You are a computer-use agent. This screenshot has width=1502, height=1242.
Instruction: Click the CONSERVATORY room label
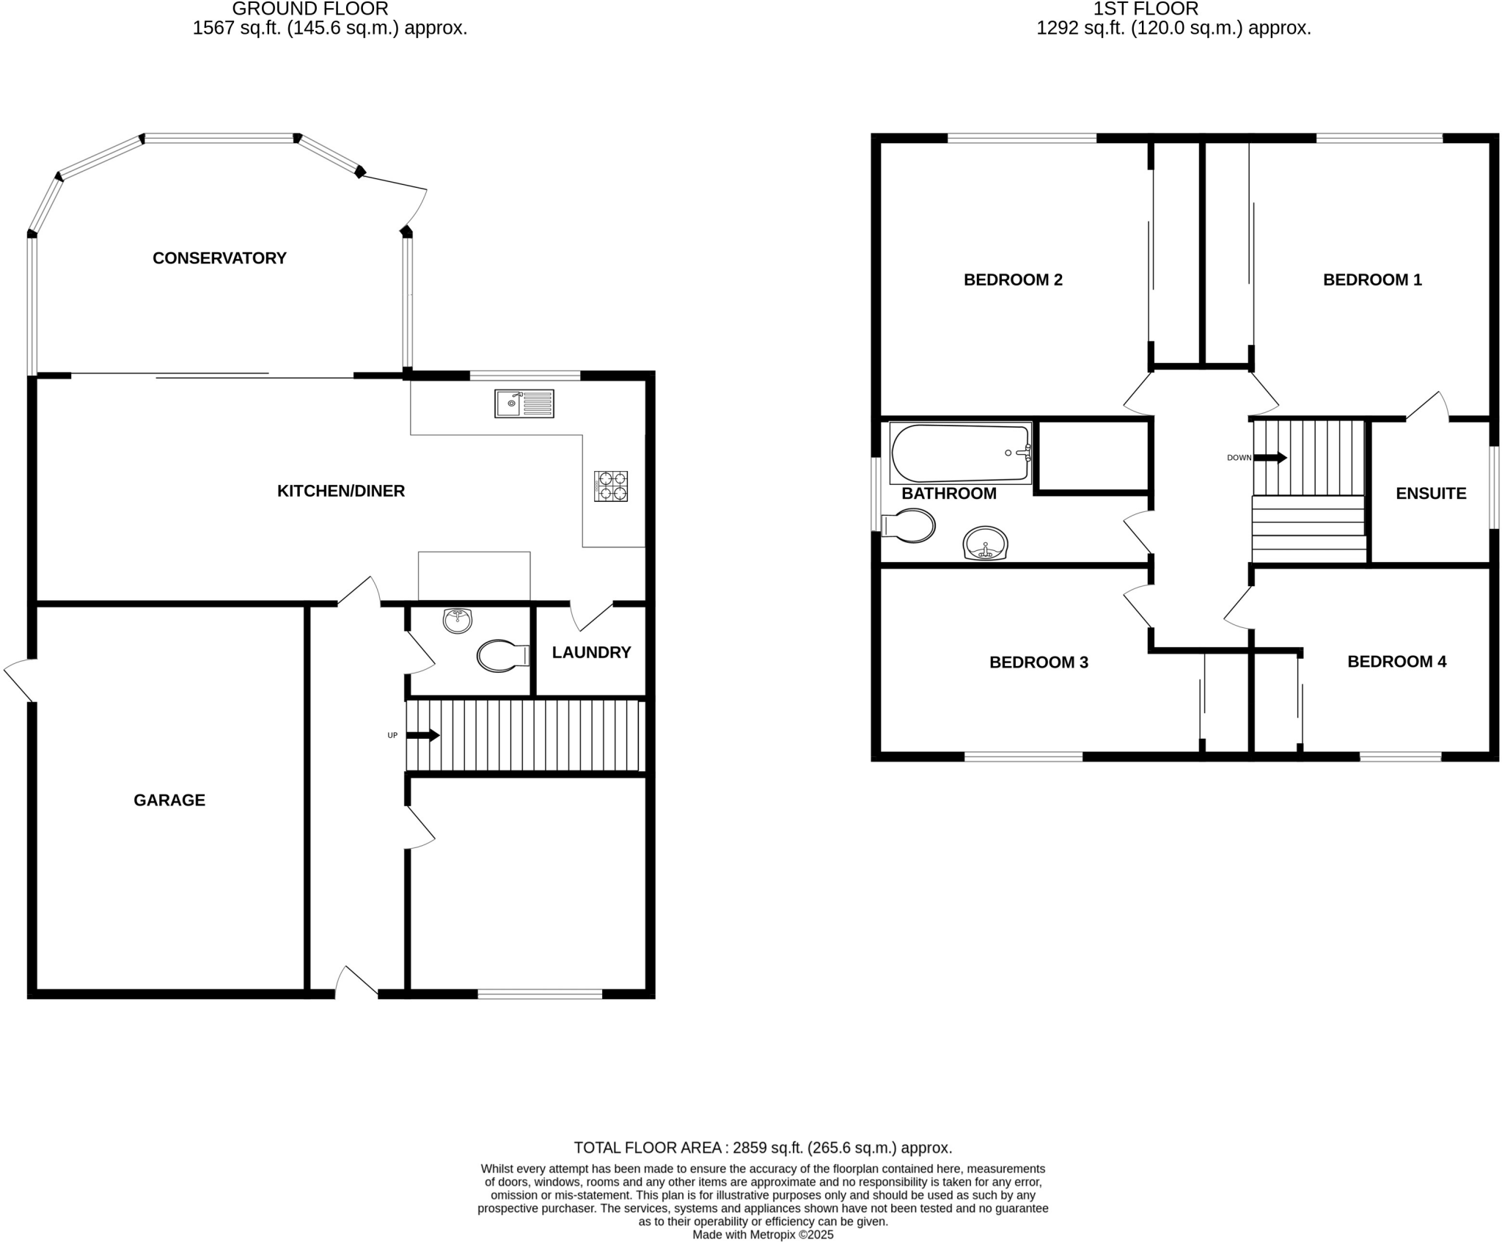click(x=219, y=258)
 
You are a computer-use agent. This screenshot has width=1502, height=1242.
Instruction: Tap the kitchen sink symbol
click(x=524, y=403)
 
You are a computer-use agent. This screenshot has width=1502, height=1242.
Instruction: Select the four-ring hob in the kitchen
click(x=610, y=486)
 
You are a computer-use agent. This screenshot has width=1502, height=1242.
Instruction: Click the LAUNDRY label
click(x=591, y=652)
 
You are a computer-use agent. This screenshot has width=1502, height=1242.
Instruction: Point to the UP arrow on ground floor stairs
click(x=423, y=735)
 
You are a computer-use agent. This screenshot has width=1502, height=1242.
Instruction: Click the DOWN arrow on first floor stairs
click(x=1270, y=458)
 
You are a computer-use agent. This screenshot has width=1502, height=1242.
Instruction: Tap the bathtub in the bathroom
click(x=960, y=453)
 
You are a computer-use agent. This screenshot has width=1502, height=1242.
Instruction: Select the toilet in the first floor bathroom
click(x=909, y=525)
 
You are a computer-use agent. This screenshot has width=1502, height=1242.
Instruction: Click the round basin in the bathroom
click(x=985, y=544)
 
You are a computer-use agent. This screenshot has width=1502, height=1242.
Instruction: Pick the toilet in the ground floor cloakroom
click(x=502, y=656)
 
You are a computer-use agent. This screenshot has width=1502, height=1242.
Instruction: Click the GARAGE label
click(x=169, y=800)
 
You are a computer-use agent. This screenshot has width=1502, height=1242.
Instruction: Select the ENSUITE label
click(x=1430, y=494)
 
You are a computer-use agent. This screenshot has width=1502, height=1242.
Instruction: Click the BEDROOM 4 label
click(x=1396, y=662)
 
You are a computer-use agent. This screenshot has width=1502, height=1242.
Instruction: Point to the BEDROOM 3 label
click(x=1038, y=662)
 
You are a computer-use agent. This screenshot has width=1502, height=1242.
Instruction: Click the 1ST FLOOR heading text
click(x=1145, y=9)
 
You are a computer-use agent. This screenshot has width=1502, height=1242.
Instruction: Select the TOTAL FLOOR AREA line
click(x=762, y=1147)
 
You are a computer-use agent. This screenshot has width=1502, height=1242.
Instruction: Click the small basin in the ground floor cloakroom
click(x=458, y=621)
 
